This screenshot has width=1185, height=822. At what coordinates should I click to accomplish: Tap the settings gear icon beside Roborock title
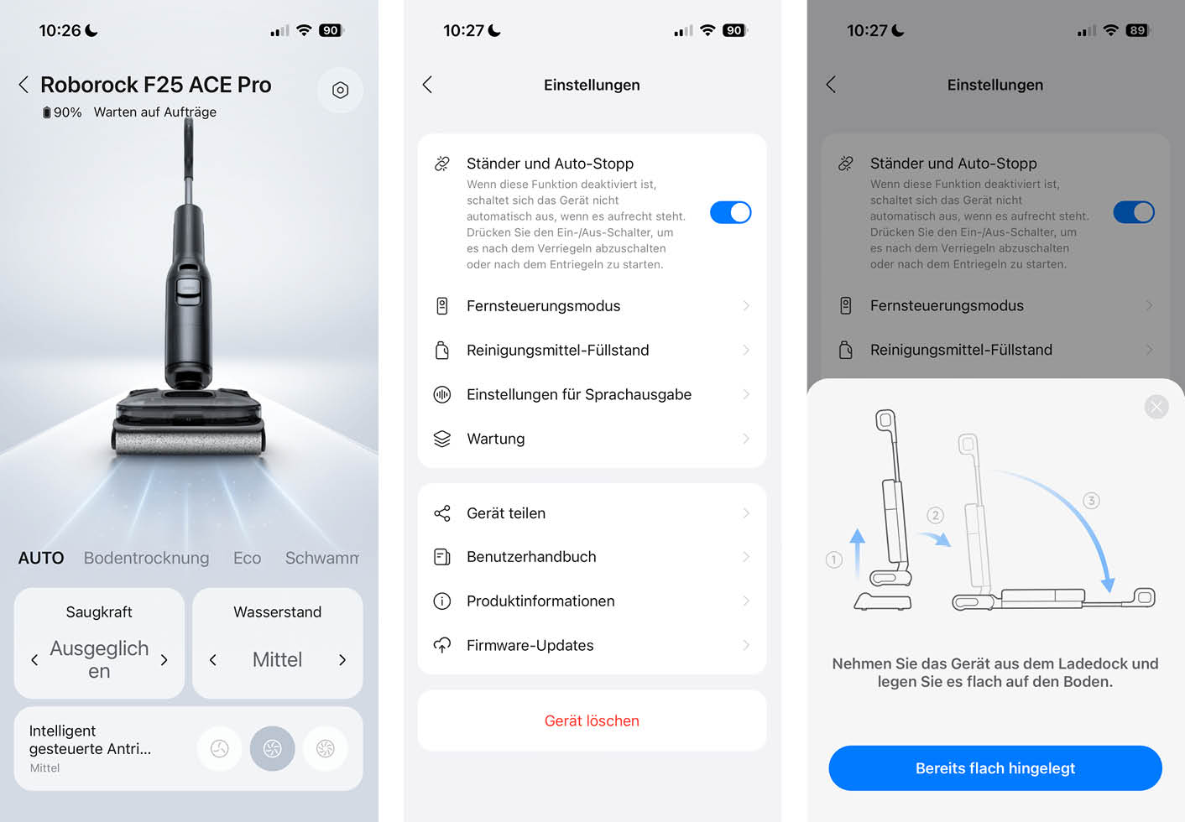point(340,90)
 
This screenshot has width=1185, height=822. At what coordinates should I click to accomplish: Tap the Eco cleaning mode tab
point(247,558)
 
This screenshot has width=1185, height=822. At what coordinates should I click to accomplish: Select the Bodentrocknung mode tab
point(146,558)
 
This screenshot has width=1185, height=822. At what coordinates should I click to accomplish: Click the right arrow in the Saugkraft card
point(164,660)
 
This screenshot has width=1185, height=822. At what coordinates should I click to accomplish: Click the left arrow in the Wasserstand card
point(212,660)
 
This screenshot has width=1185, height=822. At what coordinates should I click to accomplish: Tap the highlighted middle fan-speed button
point(273,748)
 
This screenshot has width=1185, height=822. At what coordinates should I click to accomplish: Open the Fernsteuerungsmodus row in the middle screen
point(592,305)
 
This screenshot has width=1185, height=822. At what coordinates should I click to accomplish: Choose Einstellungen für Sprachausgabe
point(592,394)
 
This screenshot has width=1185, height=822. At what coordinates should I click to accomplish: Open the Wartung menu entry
point(592,439)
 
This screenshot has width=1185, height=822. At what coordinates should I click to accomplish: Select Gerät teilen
point(592,512)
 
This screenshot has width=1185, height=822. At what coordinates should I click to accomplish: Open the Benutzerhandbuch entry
point(592,557)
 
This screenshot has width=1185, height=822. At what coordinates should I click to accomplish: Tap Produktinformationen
point(592,601)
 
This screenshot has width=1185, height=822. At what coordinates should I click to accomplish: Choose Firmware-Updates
point(592,645)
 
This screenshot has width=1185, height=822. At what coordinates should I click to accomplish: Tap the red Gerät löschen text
point(592,721)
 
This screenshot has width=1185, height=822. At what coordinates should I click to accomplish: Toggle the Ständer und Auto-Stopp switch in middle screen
point(731,212)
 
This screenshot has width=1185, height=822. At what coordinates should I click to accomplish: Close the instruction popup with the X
point(1156,407)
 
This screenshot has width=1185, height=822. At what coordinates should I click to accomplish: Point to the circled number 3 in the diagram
point(1091,501)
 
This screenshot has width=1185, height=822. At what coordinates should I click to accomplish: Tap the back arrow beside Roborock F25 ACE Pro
point(23,85)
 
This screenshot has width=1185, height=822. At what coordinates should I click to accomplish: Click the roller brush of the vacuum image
point(189,442)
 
